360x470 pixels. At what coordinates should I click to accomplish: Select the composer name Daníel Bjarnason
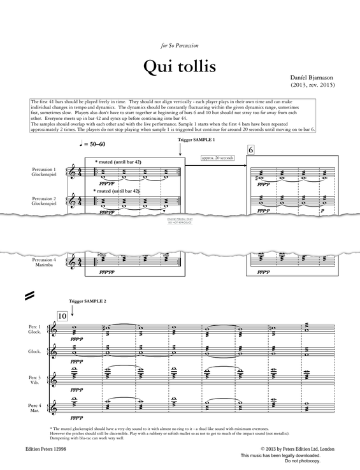[312, 75]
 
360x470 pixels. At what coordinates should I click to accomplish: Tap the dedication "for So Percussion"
[180, 45]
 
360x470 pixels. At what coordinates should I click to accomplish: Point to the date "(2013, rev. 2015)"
[312, 84]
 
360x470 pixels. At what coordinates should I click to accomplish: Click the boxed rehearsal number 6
[251, 150]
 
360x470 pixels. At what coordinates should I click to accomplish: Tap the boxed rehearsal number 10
[62, 316]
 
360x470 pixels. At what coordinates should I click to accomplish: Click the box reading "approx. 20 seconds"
[217, 158]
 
